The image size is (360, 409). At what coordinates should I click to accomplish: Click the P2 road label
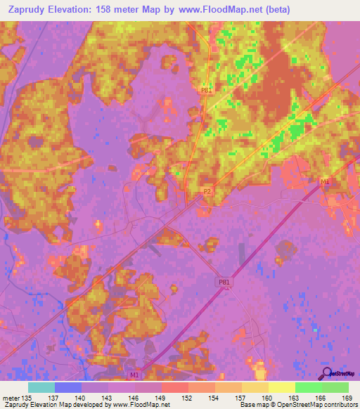click(207, 190)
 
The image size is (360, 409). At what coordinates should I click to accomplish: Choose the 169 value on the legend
click(347, 398)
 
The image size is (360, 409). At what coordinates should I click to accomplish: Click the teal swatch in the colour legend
click(41, 387)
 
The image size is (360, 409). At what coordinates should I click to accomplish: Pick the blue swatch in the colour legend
click(68, 387)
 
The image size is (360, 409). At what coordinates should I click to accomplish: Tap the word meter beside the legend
click(11, 398)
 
